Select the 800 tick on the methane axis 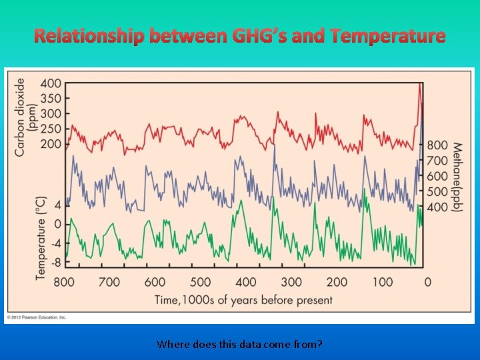[x=437, y=145]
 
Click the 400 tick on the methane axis [x=437, y=207]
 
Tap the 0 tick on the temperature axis [x=57, y=224]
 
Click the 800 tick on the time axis [x=64, y=282]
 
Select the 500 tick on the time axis [x=201, y=282]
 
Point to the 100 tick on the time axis [x=383, y=282]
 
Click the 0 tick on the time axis [x=427, y=282]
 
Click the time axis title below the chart [x=243, y=300]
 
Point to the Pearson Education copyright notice [x=37, y=318]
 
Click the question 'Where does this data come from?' [x=240, y=345]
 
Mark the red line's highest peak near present [x=420, y=85]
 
